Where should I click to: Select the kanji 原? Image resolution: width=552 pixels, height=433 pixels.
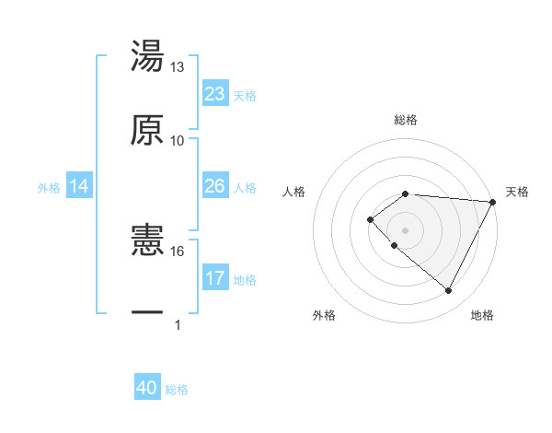[148, 130]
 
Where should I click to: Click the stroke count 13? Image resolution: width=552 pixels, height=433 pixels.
[177, 67]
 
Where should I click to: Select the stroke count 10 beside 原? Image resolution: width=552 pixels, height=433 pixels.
[177, 140]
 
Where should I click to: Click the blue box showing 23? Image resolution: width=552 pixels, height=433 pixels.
[215, 94]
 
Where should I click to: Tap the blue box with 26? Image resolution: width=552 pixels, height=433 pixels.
[215, 186]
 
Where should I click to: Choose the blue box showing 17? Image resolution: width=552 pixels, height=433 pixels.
[215, 278]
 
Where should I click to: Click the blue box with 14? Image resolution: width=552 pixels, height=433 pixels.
[79, 187]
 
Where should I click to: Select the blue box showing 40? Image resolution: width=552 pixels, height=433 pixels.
[147, 389]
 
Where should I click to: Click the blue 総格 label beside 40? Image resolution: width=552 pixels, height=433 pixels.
[177, 390]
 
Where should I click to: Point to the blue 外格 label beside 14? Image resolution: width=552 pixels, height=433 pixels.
[49, 188]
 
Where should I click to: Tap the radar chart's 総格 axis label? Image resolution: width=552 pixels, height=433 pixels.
[406, 120]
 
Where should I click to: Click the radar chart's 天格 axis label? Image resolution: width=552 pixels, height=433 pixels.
[517, 192]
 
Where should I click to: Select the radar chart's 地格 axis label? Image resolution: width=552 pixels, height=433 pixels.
[482, 316]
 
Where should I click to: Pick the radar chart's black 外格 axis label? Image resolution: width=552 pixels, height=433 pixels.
[324, 316]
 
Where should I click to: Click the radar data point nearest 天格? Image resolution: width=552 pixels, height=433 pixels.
[494, 202]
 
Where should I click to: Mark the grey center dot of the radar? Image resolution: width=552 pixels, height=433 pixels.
[405, 229]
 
